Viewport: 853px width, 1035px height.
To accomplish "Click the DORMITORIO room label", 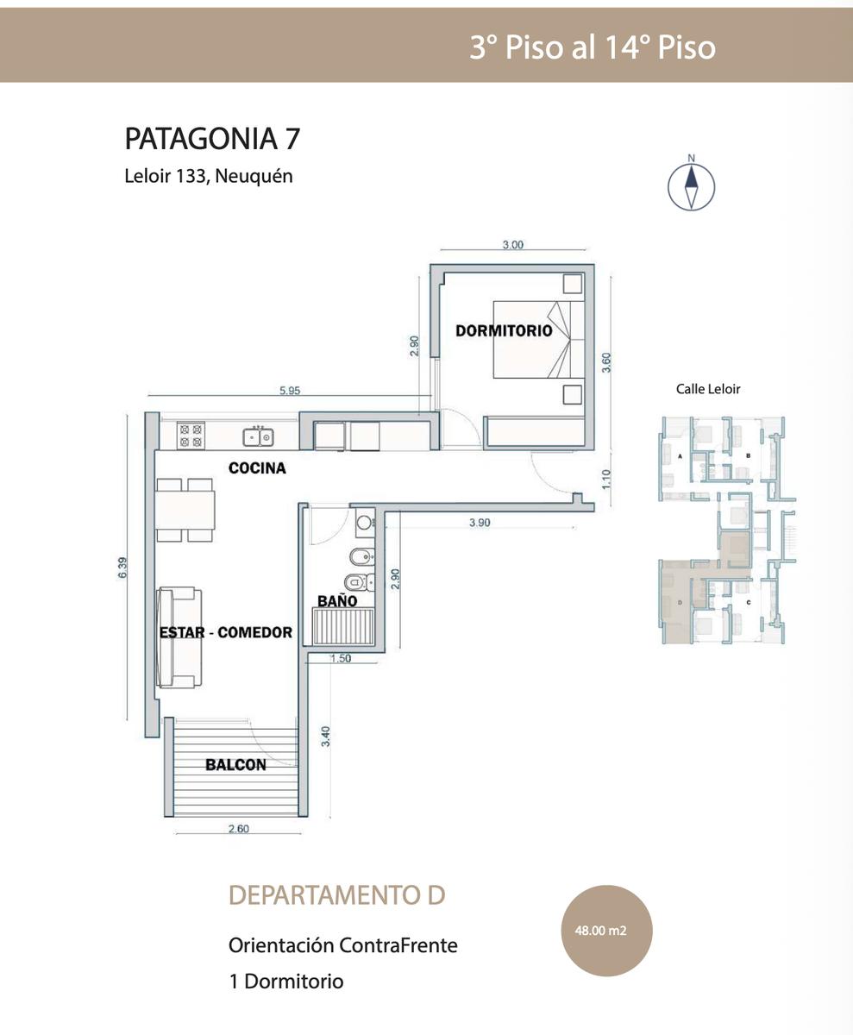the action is (504, 330).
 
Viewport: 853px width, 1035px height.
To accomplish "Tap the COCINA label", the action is (257, 468).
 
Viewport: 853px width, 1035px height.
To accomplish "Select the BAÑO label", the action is (337, 601).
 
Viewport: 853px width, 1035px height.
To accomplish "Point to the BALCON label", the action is (236, 765).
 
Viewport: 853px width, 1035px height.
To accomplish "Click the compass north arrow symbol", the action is (691, 188).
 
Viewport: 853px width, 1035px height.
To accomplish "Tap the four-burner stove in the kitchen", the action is (191, 436).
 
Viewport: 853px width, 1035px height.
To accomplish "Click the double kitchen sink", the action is (258, 437).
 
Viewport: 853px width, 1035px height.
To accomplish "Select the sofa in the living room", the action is (179, 637).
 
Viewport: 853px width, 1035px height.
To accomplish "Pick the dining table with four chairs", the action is (185, 510).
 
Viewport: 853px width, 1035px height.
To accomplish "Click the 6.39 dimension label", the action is (123, 568).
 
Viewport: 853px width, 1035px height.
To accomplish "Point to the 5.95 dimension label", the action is (290, 391).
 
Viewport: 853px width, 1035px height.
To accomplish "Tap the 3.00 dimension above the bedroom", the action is (513, 244).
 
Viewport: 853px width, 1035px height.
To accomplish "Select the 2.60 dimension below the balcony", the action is (238, 829).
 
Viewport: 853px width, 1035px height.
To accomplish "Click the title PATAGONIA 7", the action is (212, 138).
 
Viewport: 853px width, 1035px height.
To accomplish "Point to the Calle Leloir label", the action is (708, 389).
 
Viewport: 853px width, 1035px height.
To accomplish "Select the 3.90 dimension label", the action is (480, 523).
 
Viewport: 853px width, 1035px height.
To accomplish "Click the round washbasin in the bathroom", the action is (365, 522).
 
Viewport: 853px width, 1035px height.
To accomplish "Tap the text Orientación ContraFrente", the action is (343, 945).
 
